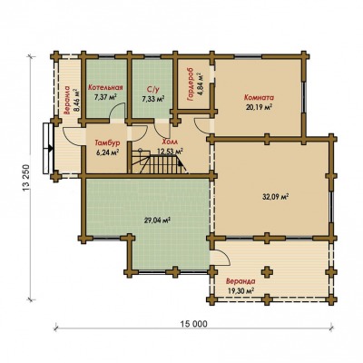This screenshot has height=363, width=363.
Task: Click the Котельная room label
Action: (105, 88)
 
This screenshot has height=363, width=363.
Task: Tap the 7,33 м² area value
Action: (153, 98)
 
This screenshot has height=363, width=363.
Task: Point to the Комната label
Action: (259, 98)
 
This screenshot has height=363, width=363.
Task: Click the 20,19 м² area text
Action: (259, 107)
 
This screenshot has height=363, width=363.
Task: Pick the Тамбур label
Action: (108, 142)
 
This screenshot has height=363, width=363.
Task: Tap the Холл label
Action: (170, 142)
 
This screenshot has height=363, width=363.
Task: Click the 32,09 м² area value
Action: (275, 197)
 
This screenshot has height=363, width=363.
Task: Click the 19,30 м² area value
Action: (240, 291)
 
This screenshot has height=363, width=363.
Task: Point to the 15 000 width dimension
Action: (194, 324)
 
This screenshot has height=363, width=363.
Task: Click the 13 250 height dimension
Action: (26, 178)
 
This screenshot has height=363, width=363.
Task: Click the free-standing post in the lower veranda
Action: (267, 271)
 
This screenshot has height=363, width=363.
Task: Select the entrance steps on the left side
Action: (48, 148)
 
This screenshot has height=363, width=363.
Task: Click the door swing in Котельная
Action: (117, 112)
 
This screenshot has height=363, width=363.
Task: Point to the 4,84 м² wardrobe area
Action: (200, 83)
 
